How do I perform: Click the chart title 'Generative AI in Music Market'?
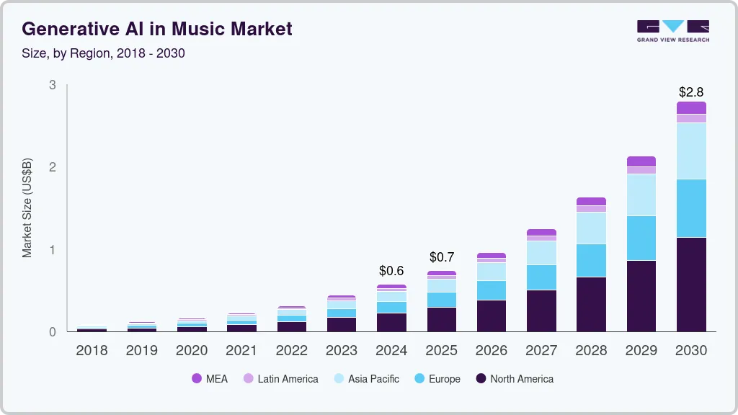[x=157, y=29]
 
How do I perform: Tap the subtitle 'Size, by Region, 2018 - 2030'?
[x=103, y=53]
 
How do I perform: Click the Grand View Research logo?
[x=672, y=30]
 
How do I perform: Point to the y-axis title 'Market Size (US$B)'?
[x=27, y=207]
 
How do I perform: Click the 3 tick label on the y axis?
[x=52, y=85]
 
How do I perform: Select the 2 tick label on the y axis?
[x=52, y=167]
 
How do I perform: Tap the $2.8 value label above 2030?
[x=691, y=92]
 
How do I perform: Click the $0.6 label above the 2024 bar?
[x=391, y=271]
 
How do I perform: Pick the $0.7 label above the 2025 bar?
[x=442, y=257]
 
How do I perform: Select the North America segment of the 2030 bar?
[x=691, y=285]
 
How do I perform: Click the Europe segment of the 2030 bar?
[x=691, y=208]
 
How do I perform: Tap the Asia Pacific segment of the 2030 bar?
[x=691, y=151]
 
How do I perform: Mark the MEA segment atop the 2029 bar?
[x=641, y=161]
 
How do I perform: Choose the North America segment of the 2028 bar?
[x=591, y=304]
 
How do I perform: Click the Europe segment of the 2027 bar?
[x=541, y=277]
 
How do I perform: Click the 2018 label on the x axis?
[x=92, y=351]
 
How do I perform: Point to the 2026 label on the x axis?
[x=492, y=351]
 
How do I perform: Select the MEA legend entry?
[x=210, y=379]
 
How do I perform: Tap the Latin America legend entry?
[x=280, y=379]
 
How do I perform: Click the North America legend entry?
[x=515, y=379]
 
